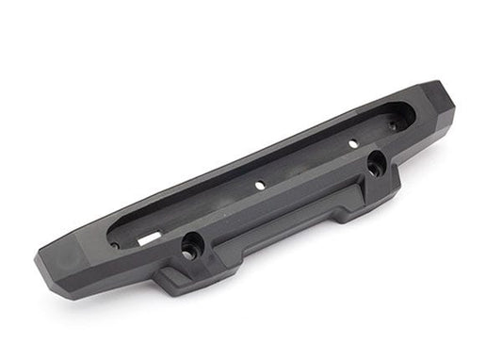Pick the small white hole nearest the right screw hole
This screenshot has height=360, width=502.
click(x=352, y=143)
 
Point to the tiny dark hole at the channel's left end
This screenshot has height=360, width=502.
click(x=115, y=245)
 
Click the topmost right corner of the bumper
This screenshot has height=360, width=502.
click(x=437, y=84)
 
